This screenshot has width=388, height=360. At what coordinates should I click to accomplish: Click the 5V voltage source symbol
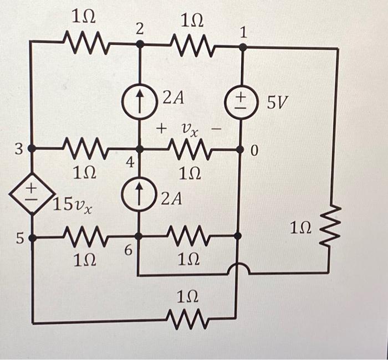tap(243, 103)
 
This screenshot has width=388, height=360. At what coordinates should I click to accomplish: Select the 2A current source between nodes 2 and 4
tap(139, 104)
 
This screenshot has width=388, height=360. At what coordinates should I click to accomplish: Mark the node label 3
tap(18, 148)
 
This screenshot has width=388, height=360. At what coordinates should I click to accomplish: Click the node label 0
tap(254, 151)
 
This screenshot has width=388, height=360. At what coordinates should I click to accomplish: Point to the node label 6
tap(127, 251)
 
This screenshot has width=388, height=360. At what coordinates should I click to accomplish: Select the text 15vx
tap(73, 205)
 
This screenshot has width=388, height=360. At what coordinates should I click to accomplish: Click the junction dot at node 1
tap(243, 48)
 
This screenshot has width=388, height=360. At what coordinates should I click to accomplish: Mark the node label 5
tap(19, 239)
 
